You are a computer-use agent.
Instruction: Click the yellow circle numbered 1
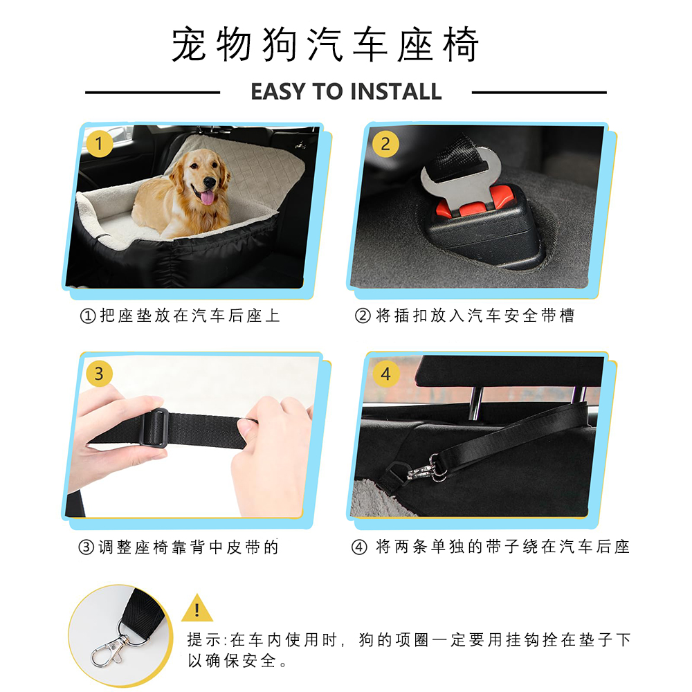pos(100,145)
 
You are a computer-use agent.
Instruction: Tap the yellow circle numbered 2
pos(385,145)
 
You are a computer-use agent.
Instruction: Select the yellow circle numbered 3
pos(99,374)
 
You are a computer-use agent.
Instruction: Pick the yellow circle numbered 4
pos(385,374)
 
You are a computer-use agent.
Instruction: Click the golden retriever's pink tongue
pos(206,199)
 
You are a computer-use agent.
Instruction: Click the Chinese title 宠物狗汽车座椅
pos(325,46)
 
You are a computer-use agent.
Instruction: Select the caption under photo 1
pos(181,316)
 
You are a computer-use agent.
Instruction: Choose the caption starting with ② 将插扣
pos(464,316)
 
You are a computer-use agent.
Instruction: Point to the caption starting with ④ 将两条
pos(491,547)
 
